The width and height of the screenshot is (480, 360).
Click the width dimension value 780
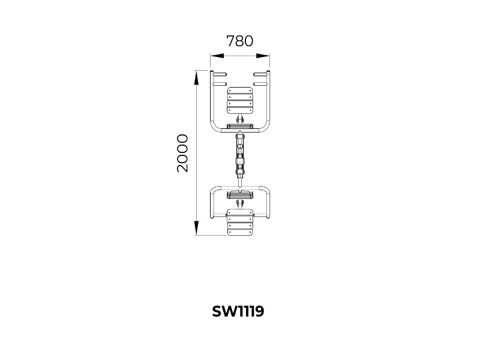(x=239, y=41)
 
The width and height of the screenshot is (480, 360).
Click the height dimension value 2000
(x=182, y=153)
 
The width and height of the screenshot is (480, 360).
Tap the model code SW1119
(x=238, y=311)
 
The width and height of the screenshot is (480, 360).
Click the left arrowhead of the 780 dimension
(x=217, y=56)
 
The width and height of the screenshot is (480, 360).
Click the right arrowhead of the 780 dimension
(x=263, y=56)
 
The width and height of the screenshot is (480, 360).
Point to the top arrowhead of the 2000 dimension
(x=196, y=77)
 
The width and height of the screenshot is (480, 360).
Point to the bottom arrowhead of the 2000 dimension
(x=196, y=229)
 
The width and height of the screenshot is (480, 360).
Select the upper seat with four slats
(x=240, y=100)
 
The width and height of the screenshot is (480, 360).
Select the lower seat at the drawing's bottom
(x=240, y=222)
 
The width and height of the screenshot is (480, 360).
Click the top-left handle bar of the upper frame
(x=220, y=74)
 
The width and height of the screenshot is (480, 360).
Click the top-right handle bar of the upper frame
(x=260, y=74)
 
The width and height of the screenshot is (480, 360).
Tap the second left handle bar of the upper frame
(x=220, y=84)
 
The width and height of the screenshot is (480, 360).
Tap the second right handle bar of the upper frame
(x=260, y=84)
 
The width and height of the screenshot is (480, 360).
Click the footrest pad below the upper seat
(x=240, y=126)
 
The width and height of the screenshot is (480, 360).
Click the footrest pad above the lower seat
(x=240, y=194)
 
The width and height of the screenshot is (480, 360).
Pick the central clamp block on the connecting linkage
(x=240, y=161)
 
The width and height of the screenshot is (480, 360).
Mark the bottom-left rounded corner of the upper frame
(x=214, y=128)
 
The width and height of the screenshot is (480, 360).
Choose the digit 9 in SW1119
(x=259, y=311)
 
